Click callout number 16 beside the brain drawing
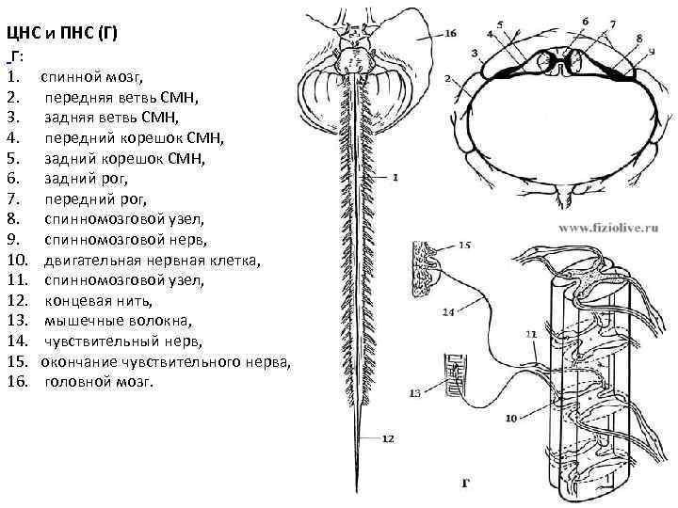(449, 33)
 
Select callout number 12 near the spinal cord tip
(388, 438)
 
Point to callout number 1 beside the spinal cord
(395, 176)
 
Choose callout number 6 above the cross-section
(585, 21)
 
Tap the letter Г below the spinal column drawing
(465, 484)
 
